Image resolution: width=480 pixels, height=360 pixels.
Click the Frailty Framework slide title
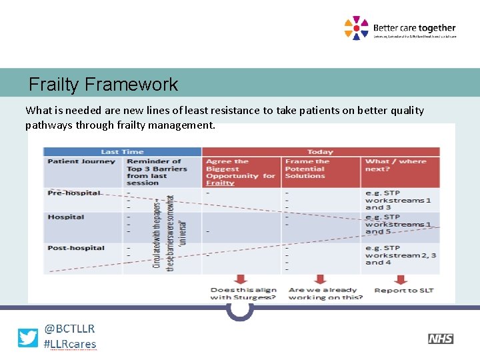[103, 85]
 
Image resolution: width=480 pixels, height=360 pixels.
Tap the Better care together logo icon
[356, 28]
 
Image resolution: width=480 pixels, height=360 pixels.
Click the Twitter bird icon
[28, 338]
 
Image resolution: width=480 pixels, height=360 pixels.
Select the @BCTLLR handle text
[69, 329]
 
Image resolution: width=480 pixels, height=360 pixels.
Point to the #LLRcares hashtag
[69, 344]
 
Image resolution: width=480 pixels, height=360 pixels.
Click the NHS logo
[440, 339]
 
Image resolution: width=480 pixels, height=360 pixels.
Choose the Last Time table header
[123, 151]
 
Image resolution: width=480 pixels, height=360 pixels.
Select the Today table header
[320, 151]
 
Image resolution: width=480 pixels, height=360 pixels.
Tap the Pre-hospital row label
[73, 193]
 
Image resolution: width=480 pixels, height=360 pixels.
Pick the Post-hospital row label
[76, 248]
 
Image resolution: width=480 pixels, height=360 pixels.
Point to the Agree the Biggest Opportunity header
[240, 172]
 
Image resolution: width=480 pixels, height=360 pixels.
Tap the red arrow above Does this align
[241, 279]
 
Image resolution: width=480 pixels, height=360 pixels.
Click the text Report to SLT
[404, 290]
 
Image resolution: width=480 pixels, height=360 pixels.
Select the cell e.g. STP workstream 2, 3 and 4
[401, 255]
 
